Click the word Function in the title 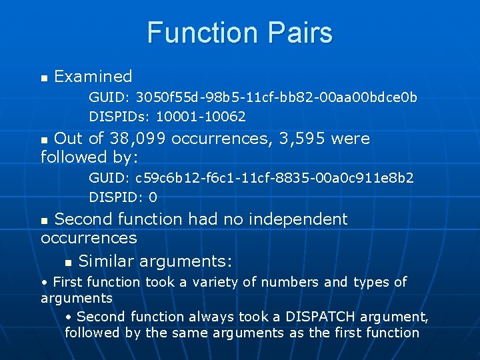tap(200, 33)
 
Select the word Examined tap(93, 77)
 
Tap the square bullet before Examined tap(45, 78)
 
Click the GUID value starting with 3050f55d tap(277, 98)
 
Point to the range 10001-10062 tap(201, 117)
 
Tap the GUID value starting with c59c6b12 tap(274, 179)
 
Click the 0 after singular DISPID tap(153, 197)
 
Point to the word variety tap(217, 282)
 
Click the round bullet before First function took tap(44, 283)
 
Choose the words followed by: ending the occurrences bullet tap(89, 157)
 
